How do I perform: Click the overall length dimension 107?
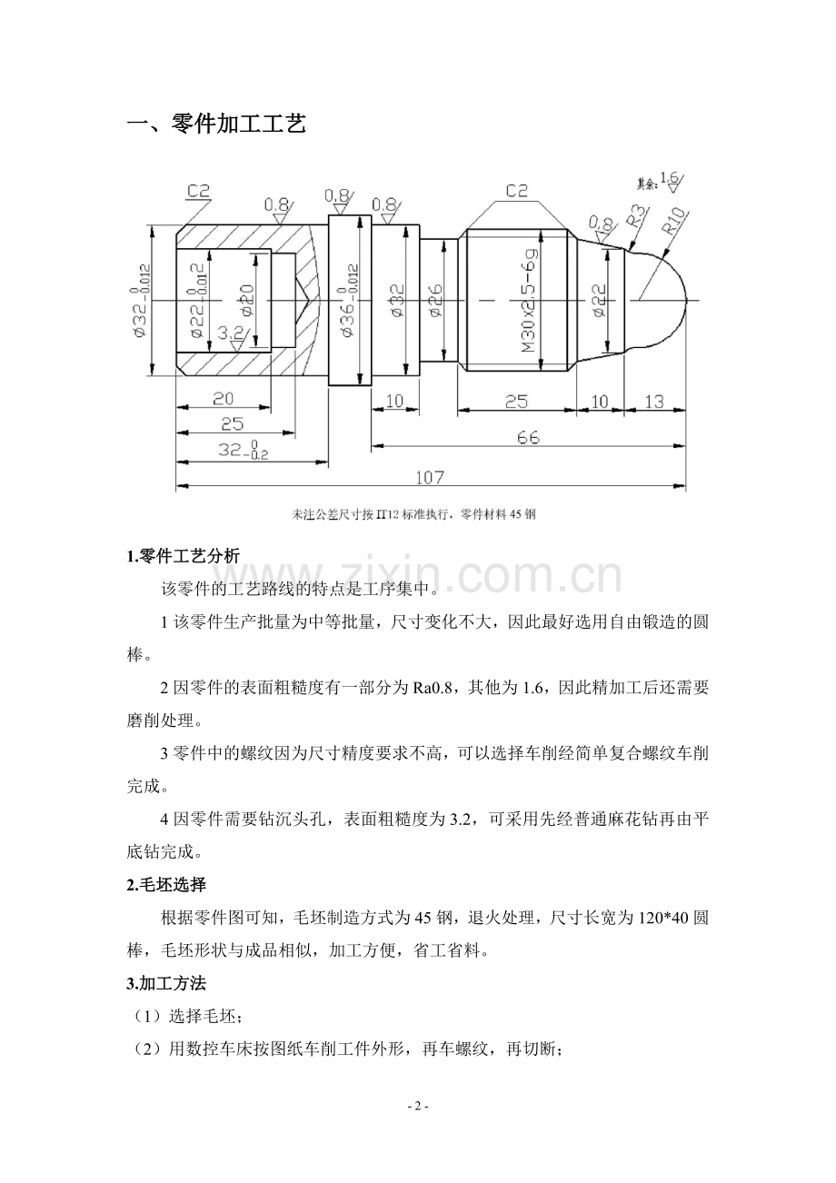click(430, 477)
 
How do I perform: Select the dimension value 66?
click(528, 437)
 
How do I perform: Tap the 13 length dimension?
click(653, 402)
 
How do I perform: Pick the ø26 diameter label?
click(436, 301)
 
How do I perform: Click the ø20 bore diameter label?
click(247, 301)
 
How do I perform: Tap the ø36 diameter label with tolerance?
click(350, 301)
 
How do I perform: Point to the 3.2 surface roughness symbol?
click(232, 338)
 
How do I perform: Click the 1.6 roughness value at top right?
click(669, 178)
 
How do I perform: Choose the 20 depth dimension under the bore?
click(223, 398)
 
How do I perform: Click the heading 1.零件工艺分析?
click(184, 556)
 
